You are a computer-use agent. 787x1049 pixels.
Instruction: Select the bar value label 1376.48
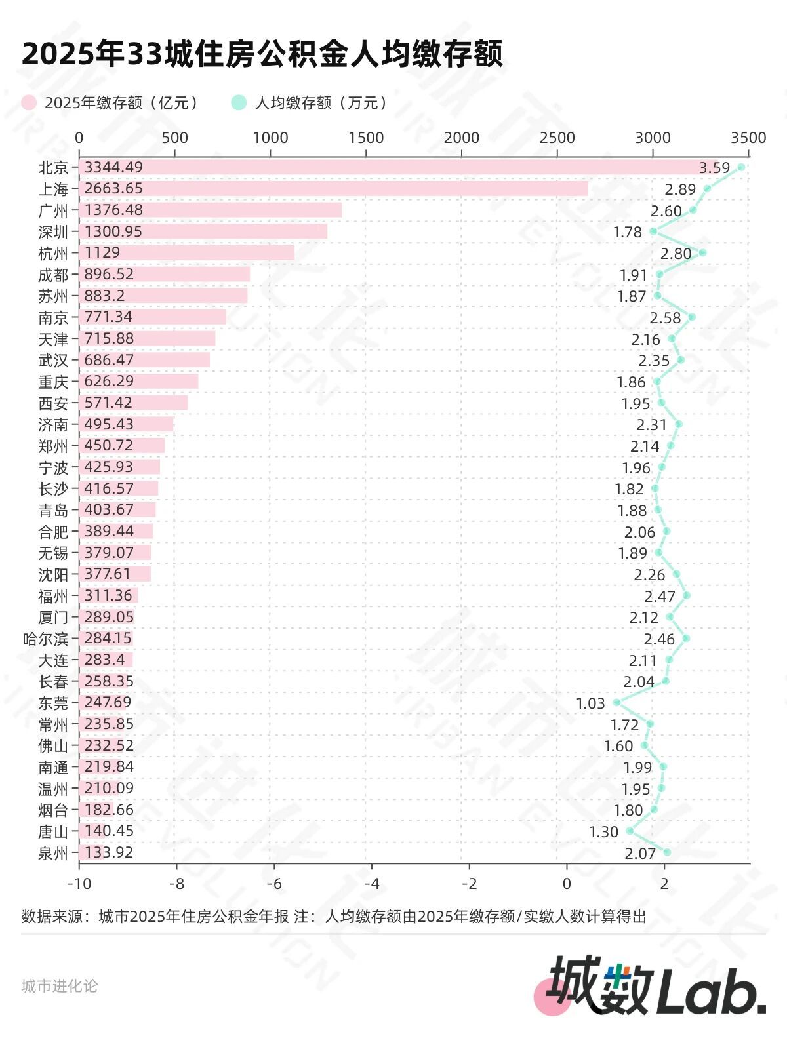(x=113, y=210)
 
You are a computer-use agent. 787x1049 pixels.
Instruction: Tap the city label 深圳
(x=53, y=232)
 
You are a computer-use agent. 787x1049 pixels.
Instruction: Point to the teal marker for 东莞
(x=616, y=702)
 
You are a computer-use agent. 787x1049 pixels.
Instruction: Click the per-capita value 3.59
(x=714, y=168)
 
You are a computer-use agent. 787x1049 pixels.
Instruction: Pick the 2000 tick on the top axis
(x=461, y=138)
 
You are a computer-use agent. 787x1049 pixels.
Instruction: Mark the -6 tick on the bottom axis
(x=274, y=883)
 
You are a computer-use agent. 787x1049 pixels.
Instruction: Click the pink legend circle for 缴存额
(x=29, y=103)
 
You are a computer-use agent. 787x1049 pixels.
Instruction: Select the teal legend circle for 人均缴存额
(x=239, y=103)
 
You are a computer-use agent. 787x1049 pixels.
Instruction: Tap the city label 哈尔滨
(x=45, y=639)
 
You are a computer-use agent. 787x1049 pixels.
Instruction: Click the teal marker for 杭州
(x=702, y=252)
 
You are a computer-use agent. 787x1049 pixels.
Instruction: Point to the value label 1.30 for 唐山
(x=603, y=832)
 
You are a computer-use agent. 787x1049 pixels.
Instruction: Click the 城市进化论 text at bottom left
(x=59, y=986)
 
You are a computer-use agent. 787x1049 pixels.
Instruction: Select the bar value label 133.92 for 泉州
(x=109, y=852)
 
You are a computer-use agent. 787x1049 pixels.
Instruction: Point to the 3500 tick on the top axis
(x=748, y=138)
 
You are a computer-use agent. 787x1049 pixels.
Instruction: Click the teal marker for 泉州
(x=667, y=852)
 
